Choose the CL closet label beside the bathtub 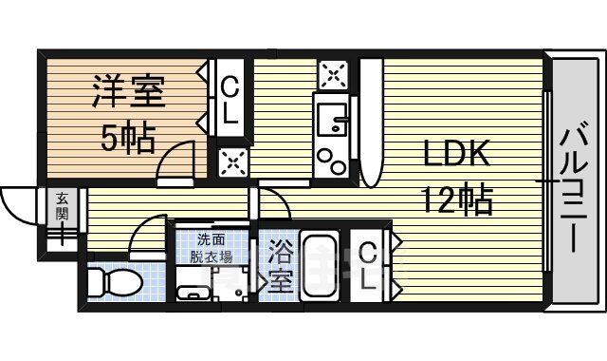(371, 266)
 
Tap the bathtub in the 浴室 (321, 266)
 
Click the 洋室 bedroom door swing (178, 160)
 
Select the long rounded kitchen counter (370, 123)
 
